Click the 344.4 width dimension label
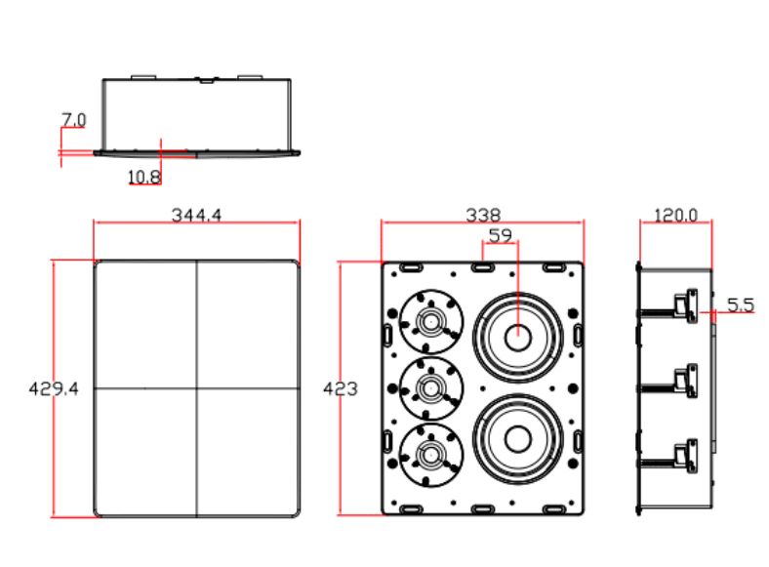[x=196, y=215]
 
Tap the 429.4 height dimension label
[x=54, y=389]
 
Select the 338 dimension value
[x=483, y=215]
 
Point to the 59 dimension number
[x=501, y=236]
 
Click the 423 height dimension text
[x=341, y=389]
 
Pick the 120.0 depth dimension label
[x=676, y=215]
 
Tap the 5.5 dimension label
[x=740, y=304]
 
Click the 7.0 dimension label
[x=73, y=119]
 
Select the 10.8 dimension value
[x=144, y=177]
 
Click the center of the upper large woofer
[x=518, y=338]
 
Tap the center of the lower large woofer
[x=518, y=439]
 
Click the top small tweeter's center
[x=431, y=322]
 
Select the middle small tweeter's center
[x=431, y=388]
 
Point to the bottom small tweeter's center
[x=431, y=455]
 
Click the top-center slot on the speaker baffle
[x=483, y=267]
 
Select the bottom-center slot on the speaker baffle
[x=483, y=509]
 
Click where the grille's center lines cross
[x=197, y=388]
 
